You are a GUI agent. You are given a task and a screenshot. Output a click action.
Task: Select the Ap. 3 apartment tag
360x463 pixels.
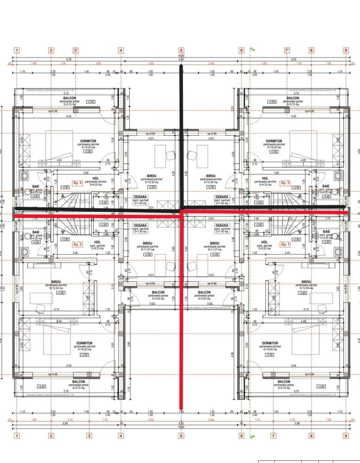coord(285,183)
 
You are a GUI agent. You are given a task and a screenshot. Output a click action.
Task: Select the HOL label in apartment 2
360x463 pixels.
coord(97,241)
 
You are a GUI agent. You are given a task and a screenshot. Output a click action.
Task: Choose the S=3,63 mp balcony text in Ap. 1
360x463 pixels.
coord(204,298)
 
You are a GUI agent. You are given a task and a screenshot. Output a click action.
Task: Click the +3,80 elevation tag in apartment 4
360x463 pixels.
coord(104,203)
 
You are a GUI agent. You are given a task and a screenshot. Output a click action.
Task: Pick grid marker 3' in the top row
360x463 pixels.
coord(76,51)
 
